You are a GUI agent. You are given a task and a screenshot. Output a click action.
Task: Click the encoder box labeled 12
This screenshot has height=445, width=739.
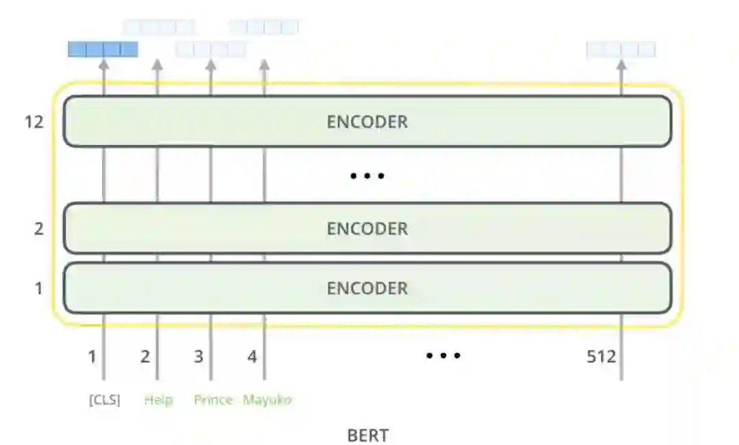(367, 122)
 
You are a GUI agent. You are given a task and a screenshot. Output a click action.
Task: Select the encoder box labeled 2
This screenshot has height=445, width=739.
(367, 228)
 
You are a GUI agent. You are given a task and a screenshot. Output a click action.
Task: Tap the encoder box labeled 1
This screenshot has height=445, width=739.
(367, 288)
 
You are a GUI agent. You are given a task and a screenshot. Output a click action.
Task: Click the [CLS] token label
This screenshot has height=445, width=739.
(104, 400)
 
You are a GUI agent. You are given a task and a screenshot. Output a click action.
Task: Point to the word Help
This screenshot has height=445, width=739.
(158, 400)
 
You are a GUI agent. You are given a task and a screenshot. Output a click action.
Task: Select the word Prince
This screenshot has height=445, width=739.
(213, 400)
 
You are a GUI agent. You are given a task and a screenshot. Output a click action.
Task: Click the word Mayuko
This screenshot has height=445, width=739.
(267, 400)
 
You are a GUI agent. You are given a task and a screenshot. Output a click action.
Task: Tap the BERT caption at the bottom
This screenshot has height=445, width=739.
(368, 435)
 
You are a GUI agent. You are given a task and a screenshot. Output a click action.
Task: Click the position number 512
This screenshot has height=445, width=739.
(601, 356)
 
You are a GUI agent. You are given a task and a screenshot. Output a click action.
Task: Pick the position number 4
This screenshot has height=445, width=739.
(252, 356)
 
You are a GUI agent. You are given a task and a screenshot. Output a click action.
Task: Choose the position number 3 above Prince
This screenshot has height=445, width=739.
(198, 356)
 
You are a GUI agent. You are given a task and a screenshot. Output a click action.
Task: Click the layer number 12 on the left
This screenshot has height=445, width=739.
(34, 122)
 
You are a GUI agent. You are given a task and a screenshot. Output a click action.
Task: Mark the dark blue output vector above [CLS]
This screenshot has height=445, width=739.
(103, 49)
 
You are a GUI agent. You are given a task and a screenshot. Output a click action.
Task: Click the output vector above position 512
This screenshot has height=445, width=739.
(621, 49)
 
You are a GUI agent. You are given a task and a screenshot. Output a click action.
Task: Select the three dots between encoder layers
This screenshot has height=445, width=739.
(367, 176)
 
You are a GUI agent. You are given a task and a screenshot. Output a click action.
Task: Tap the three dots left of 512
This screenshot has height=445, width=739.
(443, 355)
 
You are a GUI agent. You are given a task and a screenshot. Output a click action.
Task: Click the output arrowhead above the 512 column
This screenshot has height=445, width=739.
(621, 65)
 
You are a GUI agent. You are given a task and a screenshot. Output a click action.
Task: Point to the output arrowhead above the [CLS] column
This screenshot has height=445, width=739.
(104, 65)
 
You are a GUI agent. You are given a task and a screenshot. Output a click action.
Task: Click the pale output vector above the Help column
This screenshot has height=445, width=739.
(158, 27)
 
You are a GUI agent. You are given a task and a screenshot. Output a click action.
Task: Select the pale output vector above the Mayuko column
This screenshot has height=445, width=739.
(263, 27)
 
